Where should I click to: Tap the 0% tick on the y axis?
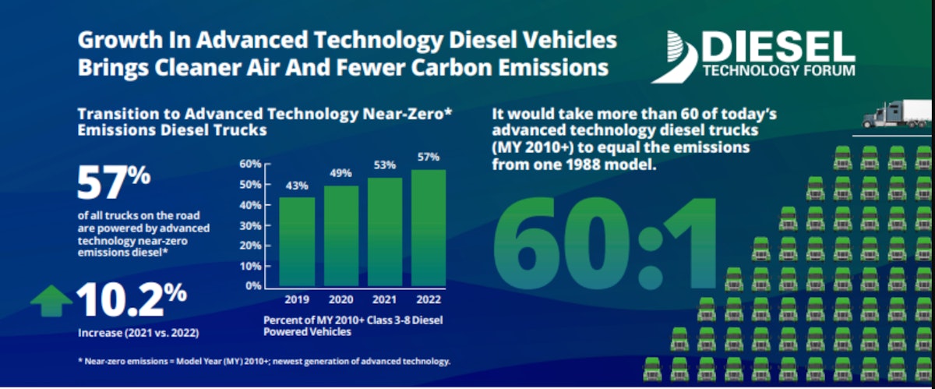(x=252, y=286)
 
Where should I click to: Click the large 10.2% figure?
(x=132, y=299)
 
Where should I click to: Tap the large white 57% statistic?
(x=113, y=182)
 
